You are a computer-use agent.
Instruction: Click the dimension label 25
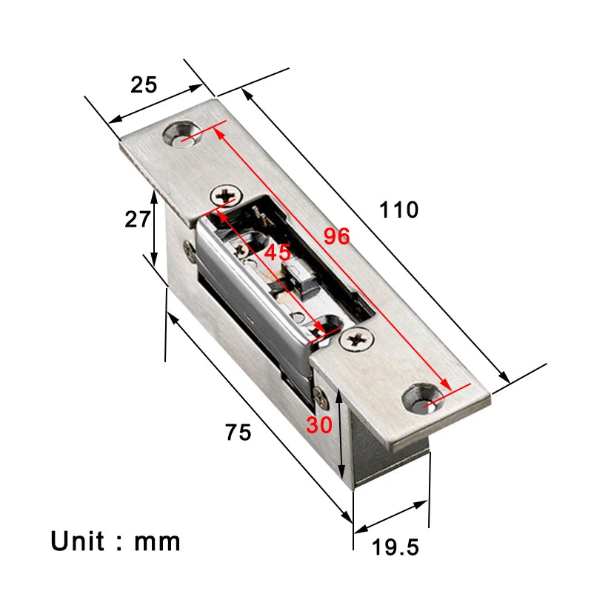pyautogui.click(x=144, y=85)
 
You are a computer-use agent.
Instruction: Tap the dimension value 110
pyautogui.click(x=399, y=210)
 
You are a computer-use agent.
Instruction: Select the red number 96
pyautogui.click(x=336, y=237)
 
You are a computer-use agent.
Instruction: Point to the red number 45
pyautogui.click(x=278, y=252)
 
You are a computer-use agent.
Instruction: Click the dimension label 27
pyautogui.click(x=137, y=219)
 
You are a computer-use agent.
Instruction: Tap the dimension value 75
pyautogui.click(x=238, y=432)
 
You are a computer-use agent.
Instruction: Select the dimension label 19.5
pyautogui.click(x=395, y=547)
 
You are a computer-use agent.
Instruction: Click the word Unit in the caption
pyautogui.click(x=77, y=541)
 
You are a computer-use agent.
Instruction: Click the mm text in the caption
pyautogui.click(x=157, y=541)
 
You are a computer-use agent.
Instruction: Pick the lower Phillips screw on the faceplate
pyautogui.click(x=358, y=339)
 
